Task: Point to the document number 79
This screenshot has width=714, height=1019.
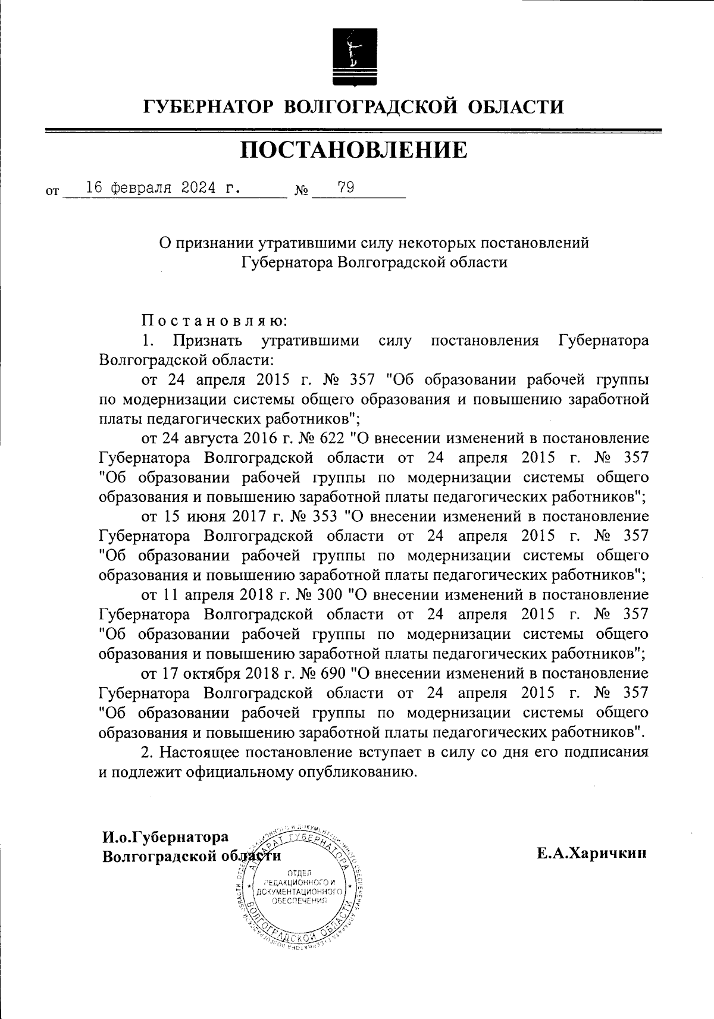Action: tap(346, 188)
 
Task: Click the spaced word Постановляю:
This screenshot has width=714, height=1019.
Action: tap(214, 321)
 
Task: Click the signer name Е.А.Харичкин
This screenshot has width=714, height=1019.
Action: tap(591, 854)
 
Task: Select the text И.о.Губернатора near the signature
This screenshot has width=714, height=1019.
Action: tap(165, 837)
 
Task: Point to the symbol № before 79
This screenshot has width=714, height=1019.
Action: tap(301, 192)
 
